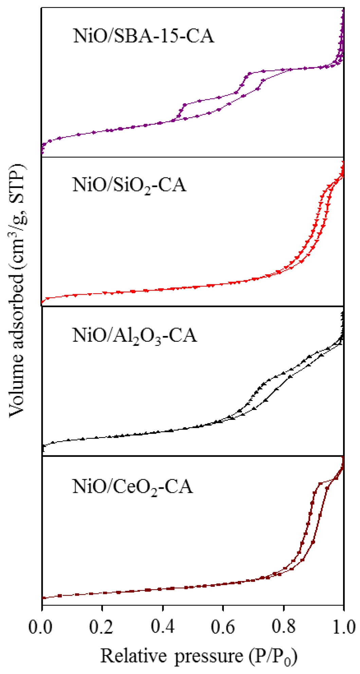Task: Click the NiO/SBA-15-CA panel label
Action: [x=144, y=36]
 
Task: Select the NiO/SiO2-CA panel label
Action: [x=129, y=186]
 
